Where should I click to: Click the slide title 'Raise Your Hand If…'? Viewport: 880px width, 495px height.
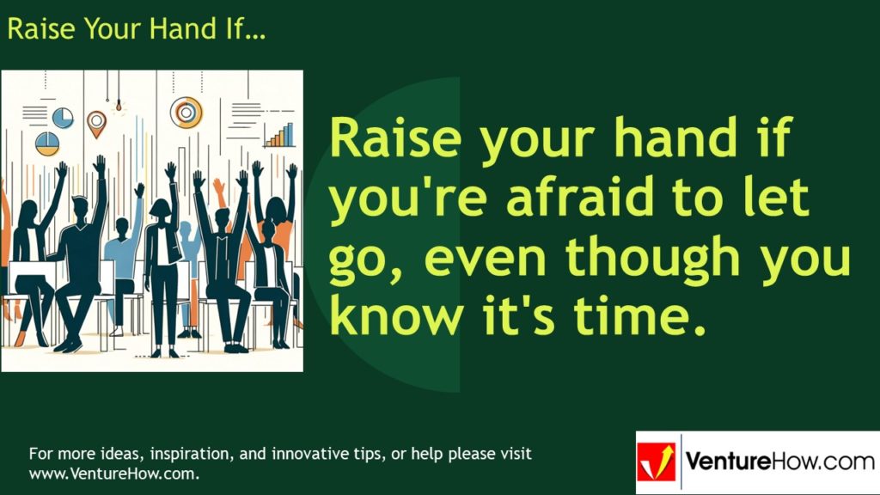[136, 29]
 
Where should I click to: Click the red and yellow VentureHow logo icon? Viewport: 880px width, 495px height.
[657, 462]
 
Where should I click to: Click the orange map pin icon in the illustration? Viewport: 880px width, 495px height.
[96, 123]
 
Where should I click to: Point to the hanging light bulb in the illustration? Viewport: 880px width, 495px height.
[119, 107]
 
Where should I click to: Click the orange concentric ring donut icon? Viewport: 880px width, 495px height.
[186, 111]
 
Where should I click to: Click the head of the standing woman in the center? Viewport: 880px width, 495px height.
[161, 209]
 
